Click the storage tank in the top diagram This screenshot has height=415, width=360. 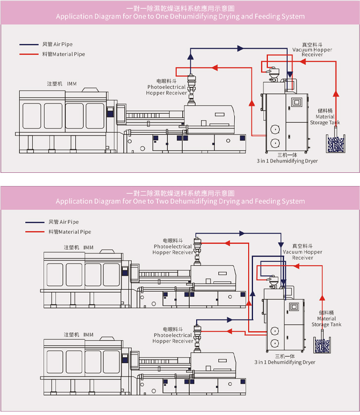(336, 144)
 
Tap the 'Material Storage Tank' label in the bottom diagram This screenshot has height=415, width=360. (326, 319)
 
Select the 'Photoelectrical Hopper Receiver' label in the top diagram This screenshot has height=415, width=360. (167, 87)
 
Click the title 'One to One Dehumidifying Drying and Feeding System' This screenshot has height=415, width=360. (180, 16)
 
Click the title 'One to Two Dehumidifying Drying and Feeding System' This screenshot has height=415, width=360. (180, 202)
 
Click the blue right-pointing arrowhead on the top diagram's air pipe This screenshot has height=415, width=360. (241, 48)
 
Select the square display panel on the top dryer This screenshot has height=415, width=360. (297, 103)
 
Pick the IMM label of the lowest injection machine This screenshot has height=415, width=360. (79, 335)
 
